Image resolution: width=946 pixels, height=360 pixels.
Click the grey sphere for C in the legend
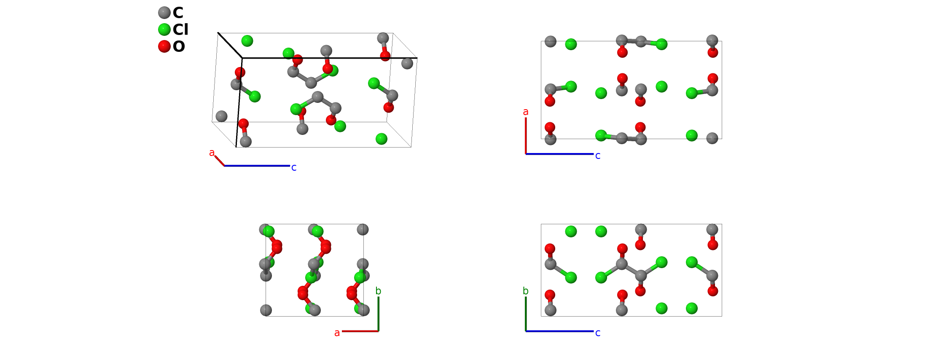(164, 13)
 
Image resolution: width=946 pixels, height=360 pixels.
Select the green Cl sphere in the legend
(164, 30)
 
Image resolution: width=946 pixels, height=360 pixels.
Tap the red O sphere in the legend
(164, 46)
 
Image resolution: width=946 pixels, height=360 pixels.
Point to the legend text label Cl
(180, 30)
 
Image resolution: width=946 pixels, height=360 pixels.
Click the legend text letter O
(179, 46)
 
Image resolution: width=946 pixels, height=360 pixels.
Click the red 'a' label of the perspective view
(212, 153)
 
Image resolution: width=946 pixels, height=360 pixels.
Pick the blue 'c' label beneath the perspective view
(294, 168)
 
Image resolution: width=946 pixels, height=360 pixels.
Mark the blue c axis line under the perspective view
(257, 166)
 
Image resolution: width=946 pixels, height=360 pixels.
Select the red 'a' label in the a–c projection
(525, 112)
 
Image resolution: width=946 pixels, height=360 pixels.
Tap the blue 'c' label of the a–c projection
(598, 156)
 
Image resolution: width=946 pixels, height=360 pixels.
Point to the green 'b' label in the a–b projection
(378, 291)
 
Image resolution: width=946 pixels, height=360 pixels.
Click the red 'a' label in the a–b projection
(337, 333)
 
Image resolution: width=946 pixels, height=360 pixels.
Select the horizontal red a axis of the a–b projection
(360, 331)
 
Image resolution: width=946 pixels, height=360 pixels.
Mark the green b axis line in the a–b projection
(379, 314)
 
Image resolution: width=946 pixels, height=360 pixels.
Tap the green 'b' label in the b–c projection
(525, 291)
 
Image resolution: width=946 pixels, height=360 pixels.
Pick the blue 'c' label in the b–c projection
(598, 333)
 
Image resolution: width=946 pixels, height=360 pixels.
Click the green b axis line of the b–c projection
(526, 314)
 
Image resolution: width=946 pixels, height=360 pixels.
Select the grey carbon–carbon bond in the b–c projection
(631, 270)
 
